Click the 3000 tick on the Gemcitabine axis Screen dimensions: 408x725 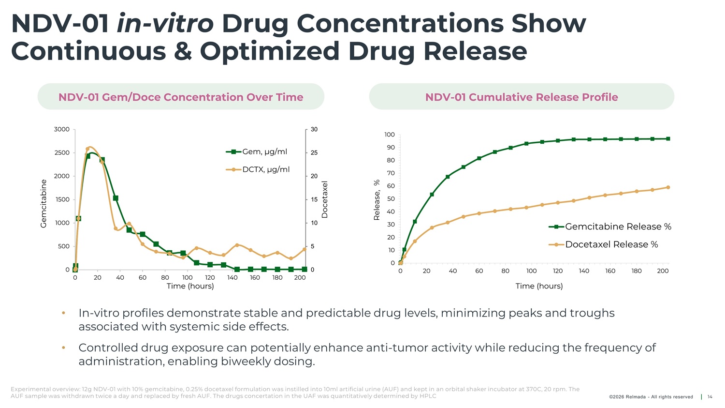click(62, 129)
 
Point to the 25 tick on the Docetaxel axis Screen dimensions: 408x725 click(314, 153)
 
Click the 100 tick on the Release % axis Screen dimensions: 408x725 click(390, 135)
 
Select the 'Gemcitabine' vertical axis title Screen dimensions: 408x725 click(43, 203)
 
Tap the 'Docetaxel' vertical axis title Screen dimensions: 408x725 click(325, 199)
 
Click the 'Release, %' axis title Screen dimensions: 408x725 click(377, 200)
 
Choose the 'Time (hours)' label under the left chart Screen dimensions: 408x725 click(190, 286)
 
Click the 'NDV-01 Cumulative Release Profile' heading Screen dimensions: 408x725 click(522, 97)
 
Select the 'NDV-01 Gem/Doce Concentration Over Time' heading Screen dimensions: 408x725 click(181, 97)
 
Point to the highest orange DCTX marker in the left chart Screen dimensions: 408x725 click(88, 149)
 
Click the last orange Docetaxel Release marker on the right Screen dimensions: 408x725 click(668, 187)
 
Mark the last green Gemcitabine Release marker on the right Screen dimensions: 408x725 click(668, 139)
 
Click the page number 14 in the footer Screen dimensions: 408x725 click(710, 397)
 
